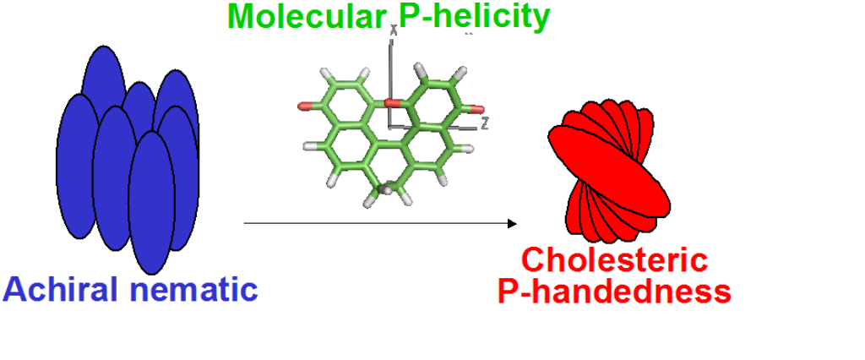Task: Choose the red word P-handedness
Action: tap(614, 292)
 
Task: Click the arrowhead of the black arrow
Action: tap(511, 224)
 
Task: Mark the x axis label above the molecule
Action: tap(394, 30)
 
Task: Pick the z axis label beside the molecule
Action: tap(485, 124)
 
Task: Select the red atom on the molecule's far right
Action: tap(479, 109)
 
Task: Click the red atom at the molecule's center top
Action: tap(391, 103)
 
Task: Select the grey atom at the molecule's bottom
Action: tap(387, 190)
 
